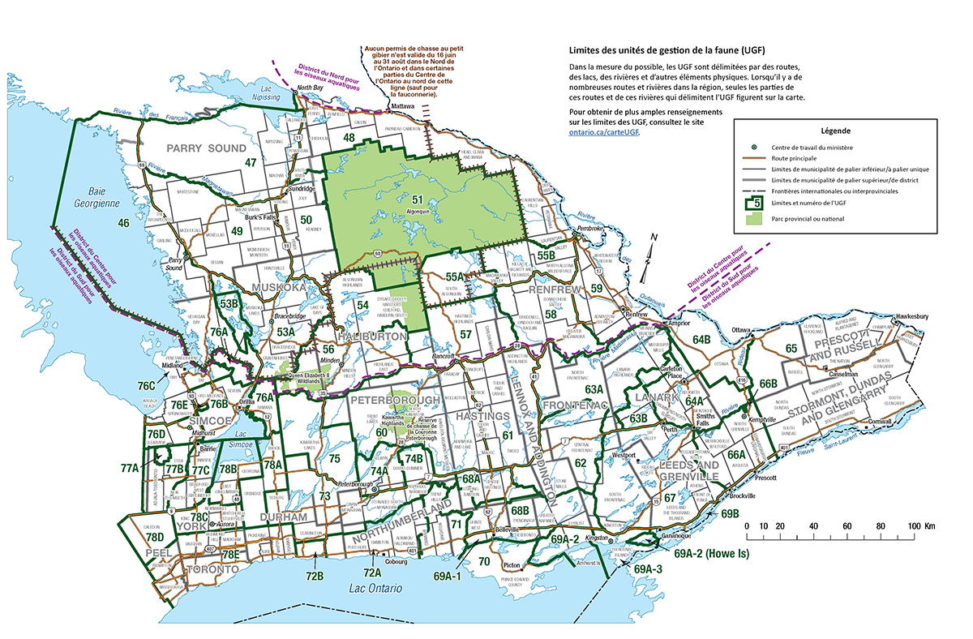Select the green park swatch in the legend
pyautogui.click(x=753, y=218)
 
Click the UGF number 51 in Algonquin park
pyautogui.click(x=418, y=199)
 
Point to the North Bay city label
pyautogui.click(x=310, y=87)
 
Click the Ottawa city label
pyautogui.click(x=738, y=330)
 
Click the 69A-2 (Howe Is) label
pyautogui.click(x=711, y=554)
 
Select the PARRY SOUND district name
pyautogui.click(x=205, y=148)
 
